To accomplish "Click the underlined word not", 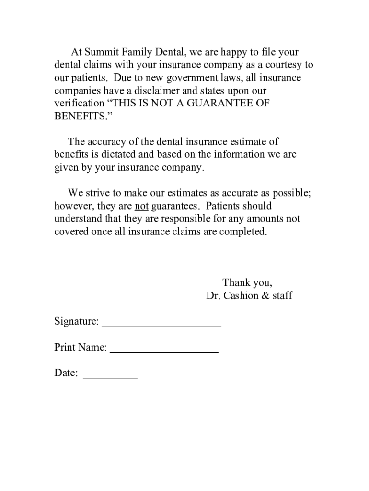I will [x=141, y=206].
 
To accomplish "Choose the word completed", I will [x=242, y=231].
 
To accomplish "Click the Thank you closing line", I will [x=247, y=282].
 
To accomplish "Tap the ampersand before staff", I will [x=265, y=295].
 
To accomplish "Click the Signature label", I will [x=76, y=321].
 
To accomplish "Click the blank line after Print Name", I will [x=164, y=351].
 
